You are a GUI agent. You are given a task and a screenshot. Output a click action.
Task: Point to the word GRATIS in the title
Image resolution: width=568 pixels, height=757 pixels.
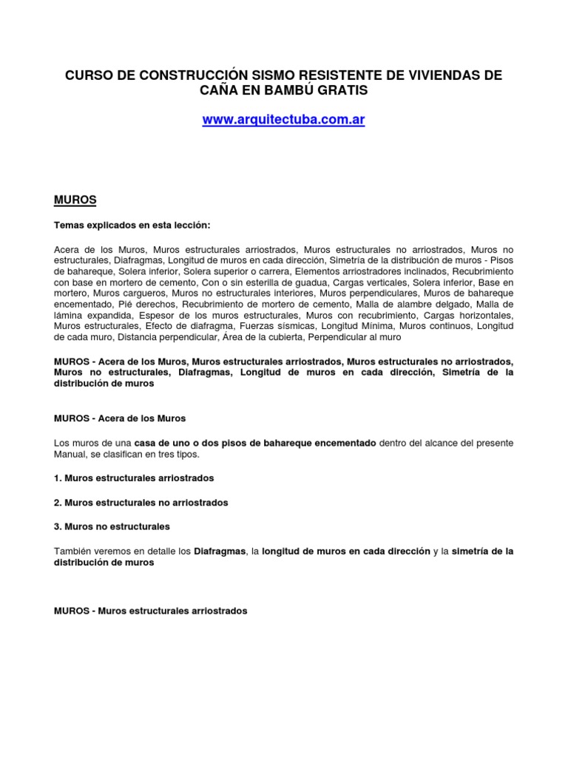coord(340,90)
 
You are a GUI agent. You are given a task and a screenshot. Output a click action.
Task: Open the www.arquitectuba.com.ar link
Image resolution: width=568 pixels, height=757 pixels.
coord(284,120)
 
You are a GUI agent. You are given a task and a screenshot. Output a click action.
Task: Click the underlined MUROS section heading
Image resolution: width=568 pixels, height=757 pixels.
coord(75,200)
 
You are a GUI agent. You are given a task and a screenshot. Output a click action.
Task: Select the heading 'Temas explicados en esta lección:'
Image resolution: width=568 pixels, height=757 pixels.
coord(136,225)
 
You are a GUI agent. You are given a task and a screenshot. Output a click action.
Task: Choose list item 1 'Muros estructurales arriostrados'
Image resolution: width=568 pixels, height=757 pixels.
coord(134,478)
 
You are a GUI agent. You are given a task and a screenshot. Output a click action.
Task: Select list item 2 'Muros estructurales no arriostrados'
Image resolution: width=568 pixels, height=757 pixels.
coord(141,503)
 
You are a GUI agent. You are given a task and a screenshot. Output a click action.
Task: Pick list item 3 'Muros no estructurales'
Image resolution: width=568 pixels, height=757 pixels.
coord(112,526)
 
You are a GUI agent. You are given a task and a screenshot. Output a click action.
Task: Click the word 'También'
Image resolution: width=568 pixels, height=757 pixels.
coord(75,551)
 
